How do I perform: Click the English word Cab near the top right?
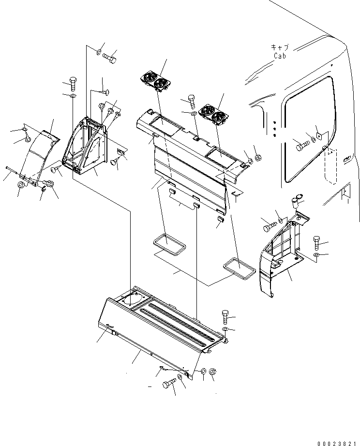pos(280,56)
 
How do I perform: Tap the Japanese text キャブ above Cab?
pos(280,47)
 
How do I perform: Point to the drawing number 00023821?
pos(333,437)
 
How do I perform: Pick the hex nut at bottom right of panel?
pos(214,372)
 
